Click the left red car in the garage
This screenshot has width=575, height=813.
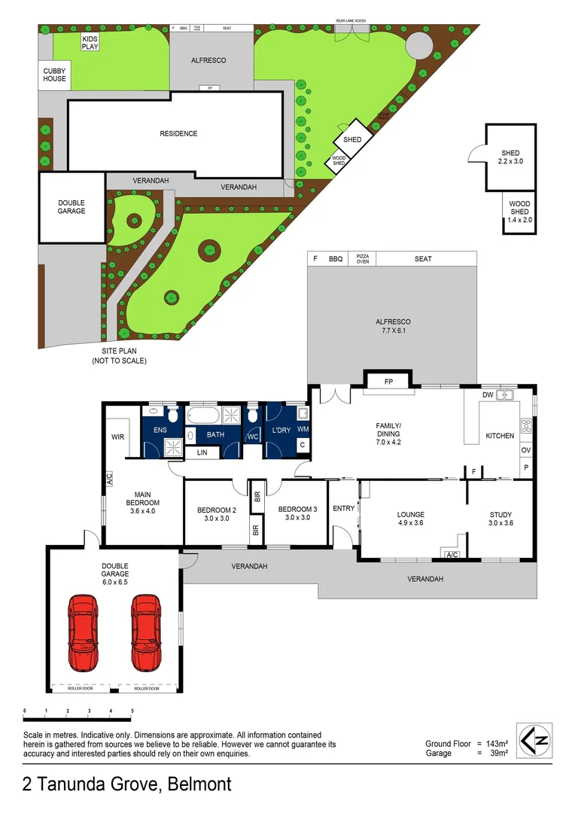click(83, 633)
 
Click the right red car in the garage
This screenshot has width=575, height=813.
click(145, 633)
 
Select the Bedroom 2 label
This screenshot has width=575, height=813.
click(217, 513)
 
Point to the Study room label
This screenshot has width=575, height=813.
click(500, 519)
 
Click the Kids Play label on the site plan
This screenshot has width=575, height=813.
click(90, 42)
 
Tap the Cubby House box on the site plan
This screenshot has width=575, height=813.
click(53, 74)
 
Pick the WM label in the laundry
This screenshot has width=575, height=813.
click(303, 429)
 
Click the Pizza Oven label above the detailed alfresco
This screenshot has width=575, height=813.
click(363, 258)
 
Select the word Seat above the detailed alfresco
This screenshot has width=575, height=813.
click(423, 259)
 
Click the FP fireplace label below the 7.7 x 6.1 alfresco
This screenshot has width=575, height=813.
click(389, 382)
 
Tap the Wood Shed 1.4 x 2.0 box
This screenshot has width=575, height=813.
click(520, 212)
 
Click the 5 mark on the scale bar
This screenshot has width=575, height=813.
click(132, 711)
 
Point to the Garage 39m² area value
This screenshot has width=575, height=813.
click(499, 753)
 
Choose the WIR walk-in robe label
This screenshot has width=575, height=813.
click(117, 437)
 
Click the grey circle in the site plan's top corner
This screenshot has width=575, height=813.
click(419, 44)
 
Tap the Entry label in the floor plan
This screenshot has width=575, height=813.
click(343, 508)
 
